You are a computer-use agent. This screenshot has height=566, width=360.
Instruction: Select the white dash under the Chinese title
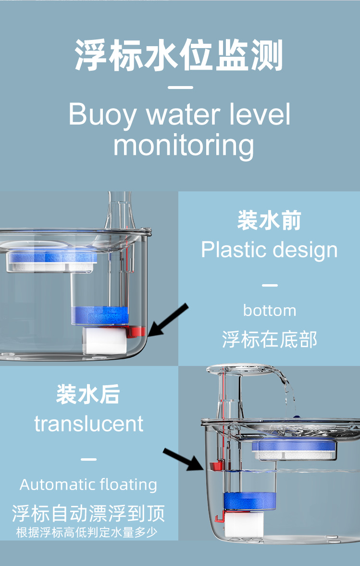point(182,88)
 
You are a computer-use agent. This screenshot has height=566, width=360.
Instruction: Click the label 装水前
point(269,221)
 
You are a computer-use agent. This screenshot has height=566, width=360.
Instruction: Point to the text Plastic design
point(269,250)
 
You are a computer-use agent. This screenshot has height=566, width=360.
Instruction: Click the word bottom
point(269,310)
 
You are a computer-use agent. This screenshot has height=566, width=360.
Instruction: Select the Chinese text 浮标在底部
point(269,340)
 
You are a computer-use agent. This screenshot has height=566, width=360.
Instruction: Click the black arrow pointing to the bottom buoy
point(168,319)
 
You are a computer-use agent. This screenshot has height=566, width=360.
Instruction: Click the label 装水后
point(88,395)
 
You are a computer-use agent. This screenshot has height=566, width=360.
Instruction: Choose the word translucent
point(88,424)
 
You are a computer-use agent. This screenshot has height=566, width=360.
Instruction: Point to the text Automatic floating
point(88,485)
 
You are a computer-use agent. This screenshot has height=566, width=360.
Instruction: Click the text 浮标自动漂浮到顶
point(88,513)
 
